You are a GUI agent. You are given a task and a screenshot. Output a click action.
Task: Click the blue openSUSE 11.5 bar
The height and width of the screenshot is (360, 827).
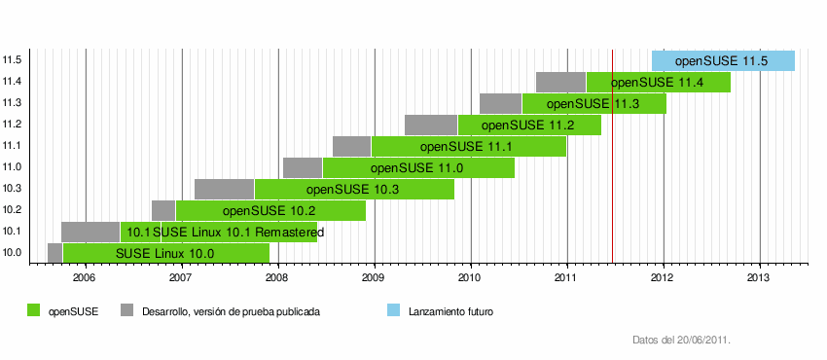click(723, 60)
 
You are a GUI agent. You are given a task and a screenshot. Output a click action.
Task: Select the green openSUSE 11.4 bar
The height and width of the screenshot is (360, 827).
click(658, 82)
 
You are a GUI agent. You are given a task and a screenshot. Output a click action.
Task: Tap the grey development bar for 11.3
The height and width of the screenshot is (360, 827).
click(500, 103)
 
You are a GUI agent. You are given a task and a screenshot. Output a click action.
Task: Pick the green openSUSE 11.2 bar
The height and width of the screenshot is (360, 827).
click(529, 125)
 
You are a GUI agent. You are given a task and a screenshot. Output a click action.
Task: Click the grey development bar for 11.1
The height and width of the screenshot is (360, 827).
click(351, 146)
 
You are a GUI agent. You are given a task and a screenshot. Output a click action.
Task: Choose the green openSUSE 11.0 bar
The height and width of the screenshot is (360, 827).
click(418, 167)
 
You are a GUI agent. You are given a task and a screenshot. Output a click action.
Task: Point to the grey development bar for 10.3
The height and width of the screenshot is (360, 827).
click(224, 189)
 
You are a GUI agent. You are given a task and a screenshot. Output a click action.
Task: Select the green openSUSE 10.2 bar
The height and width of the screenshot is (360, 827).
click(270, 210)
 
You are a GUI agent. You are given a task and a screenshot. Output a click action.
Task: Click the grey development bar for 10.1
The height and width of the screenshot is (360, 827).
click(90, 232)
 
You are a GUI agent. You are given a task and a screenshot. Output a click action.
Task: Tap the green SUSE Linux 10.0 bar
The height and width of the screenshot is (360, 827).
click(165, 253)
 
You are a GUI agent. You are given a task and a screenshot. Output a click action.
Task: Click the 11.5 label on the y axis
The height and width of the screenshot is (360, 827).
click(13, 60)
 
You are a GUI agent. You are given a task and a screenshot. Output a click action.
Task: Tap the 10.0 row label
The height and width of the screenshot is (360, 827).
click(13, 253)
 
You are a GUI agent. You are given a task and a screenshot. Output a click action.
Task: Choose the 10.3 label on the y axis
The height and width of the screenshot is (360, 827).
click(13, 189)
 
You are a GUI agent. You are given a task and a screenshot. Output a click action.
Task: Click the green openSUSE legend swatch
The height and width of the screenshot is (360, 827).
click(34, 311)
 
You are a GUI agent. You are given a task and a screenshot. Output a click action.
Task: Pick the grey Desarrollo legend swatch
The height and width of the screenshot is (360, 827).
click(126, 311)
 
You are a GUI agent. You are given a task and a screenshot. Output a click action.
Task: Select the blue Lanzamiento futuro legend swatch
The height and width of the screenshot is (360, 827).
click(394, 311)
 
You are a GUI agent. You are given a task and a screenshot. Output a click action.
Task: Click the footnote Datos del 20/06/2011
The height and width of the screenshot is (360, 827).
click(681, 341)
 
